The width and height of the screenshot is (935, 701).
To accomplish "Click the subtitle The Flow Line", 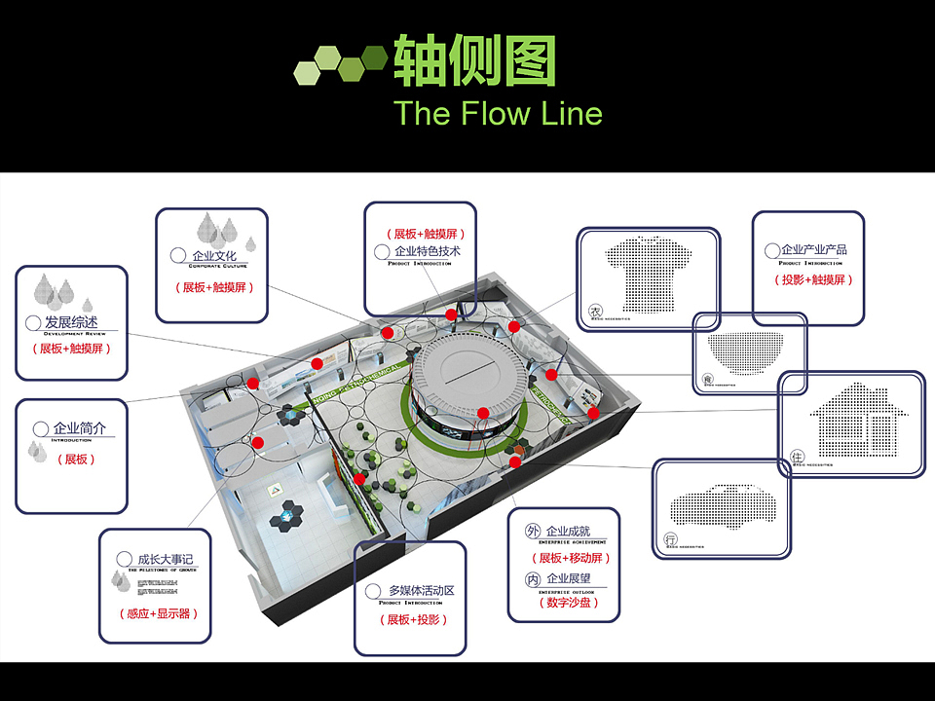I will [498, 114].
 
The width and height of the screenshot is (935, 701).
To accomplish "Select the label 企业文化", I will [215, 256].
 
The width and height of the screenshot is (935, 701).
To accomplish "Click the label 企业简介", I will [80, 428].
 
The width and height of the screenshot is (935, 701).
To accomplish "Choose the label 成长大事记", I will [166, 559].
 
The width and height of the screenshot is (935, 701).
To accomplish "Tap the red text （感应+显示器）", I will [157, 613].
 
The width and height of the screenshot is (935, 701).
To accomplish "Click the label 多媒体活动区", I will [421, 590].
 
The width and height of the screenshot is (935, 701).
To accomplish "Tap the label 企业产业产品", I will [814, 250].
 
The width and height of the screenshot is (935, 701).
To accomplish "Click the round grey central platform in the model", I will [464, 366].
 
